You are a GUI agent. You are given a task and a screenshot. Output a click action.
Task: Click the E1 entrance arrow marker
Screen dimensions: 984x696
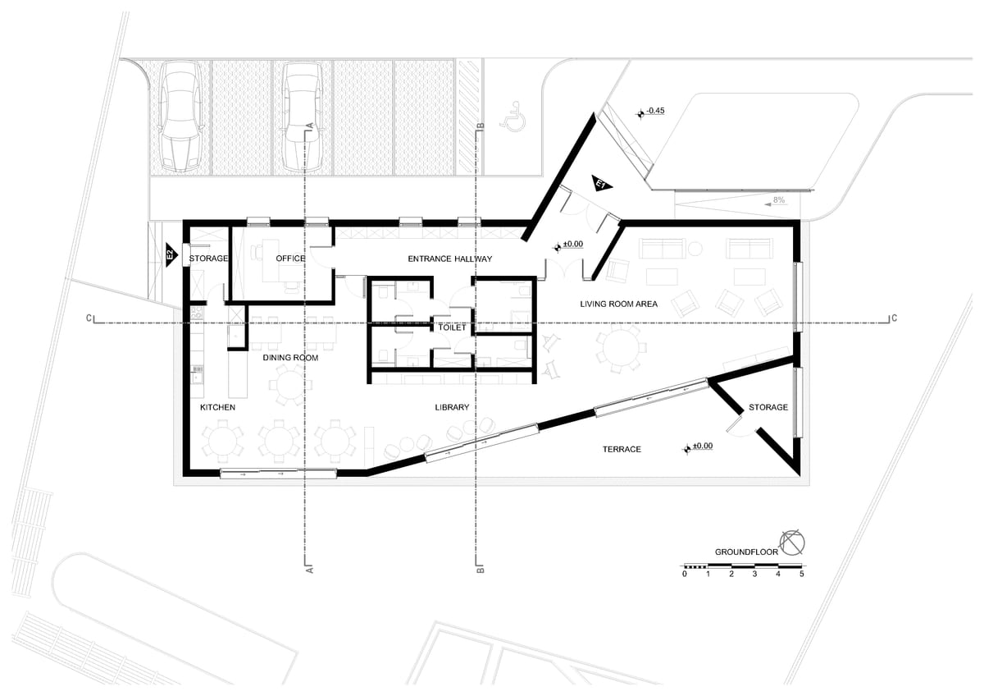coord(600,184)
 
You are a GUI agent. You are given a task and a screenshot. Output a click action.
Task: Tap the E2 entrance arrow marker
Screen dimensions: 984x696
coord(171,255)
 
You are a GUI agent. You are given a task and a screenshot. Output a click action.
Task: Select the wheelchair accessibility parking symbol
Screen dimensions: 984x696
coord(513,116)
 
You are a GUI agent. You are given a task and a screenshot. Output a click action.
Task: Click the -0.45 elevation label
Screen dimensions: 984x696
coord(655,110)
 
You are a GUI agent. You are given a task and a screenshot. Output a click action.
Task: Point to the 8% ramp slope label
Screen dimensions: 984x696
coord(778,200)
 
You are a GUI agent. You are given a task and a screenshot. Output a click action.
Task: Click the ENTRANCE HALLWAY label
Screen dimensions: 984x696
coord(450,259)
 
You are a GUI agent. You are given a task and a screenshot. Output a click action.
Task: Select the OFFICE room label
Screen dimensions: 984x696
coord(290,258)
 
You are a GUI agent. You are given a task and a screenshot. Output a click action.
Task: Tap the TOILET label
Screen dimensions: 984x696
coord(452,327)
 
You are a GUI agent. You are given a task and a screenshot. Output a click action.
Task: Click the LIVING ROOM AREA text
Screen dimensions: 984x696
coord(618,304)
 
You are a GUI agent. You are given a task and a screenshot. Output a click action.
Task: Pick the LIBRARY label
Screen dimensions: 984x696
coord(452,407)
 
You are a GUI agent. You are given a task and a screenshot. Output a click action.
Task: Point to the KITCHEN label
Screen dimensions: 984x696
coord(217,407)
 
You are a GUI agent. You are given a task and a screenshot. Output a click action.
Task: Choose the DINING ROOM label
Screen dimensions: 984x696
coord(290,358)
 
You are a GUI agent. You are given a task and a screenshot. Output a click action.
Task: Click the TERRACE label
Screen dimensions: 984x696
coord(622,449)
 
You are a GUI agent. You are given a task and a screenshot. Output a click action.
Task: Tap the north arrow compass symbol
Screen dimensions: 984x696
coord(792,543)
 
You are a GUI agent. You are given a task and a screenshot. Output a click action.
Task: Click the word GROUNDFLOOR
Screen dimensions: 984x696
coord(746,552)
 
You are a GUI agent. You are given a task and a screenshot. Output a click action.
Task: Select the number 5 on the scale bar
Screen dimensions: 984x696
coord(801,574)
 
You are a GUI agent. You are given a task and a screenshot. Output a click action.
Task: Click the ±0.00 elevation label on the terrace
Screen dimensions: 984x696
coord(703,446)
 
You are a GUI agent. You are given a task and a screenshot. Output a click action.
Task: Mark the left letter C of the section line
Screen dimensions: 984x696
coord(89,318)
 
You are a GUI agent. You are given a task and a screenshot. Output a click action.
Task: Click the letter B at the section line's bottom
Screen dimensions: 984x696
coord(481,570)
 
